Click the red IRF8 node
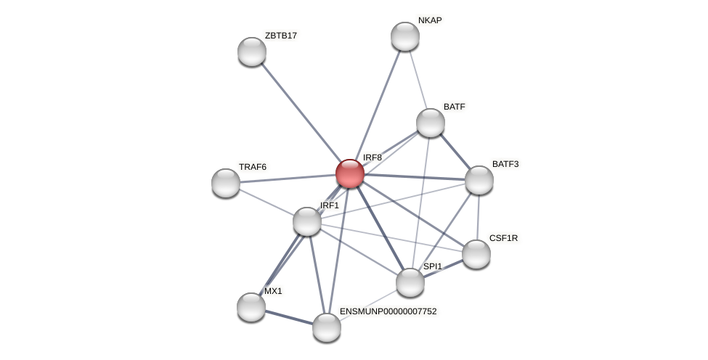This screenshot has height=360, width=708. (x=349, y=173)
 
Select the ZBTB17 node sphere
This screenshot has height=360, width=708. (x=252, y=52)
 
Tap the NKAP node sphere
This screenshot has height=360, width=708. (x=405, y=36)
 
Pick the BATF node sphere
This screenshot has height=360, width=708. (x=431, y=123)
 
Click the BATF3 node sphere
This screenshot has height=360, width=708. (x=479, y=180)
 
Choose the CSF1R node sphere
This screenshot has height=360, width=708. (x=476, y=253)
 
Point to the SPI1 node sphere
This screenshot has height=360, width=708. (x=410, y=282)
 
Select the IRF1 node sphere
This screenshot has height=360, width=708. (x=307, y=221)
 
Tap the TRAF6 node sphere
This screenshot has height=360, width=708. (x=226, y=183)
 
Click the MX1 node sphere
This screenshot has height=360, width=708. (x=251, y=307)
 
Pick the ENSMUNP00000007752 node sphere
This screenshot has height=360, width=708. (x=327, y=327)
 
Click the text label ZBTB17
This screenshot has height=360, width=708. (x=280, y=36)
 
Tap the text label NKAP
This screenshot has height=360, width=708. (x=430, y=20)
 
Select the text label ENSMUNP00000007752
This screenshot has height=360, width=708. (x=388, y=311)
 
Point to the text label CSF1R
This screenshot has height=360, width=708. (x=504, y=238)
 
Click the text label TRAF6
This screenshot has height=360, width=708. (x=253, y=167)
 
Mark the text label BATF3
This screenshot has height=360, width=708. (x=505, y=164)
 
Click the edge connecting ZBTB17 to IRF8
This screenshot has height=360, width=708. (x=301, y=112)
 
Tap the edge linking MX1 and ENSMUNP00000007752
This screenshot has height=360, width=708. (x=289, y=317)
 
